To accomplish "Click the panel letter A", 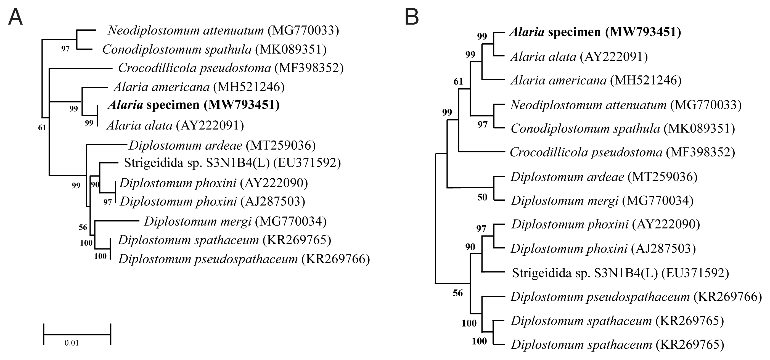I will (x=15, y=17).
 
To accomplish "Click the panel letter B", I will (x=412, y=17).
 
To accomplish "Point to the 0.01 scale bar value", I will (x=72, y=343).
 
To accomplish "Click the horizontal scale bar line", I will (x=77, y=335).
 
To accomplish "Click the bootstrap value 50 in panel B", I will (x=482, y=197).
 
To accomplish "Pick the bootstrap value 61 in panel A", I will (x=42, y=128).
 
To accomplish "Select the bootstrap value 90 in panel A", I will (x=95, y=184).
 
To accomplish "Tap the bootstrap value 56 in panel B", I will (x=458, y=293).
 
